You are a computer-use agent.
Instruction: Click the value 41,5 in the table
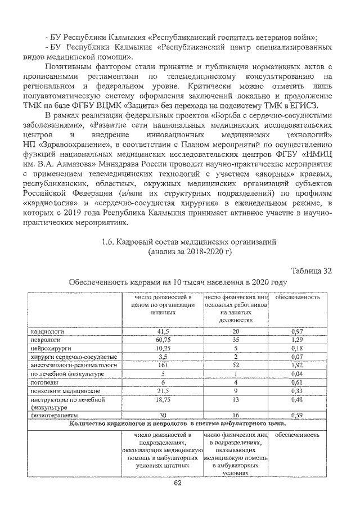coord(163,332)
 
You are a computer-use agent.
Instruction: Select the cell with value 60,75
coord(163,340)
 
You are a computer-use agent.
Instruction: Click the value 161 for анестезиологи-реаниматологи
coord(163,364)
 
